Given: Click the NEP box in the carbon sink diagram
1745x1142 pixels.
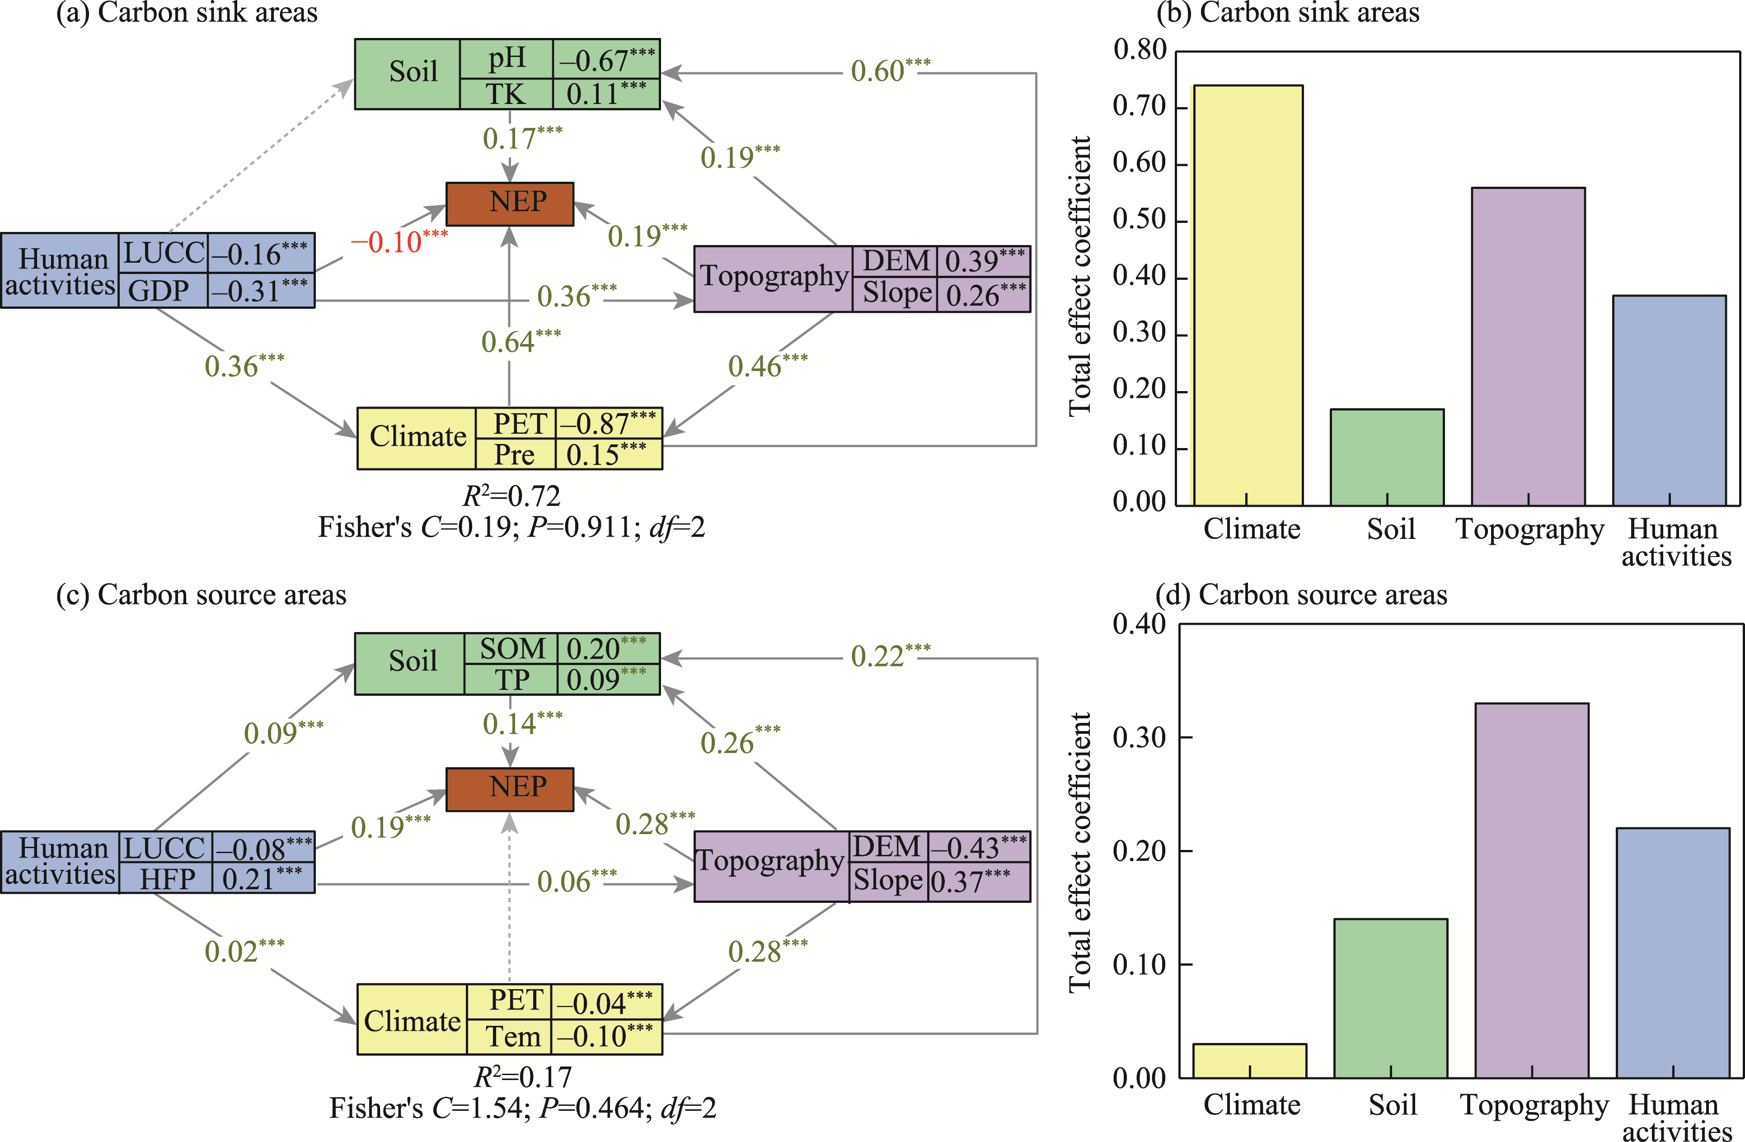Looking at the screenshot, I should tap(510, 203).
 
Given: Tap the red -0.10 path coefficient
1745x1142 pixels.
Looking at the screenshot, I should tap(398, 241).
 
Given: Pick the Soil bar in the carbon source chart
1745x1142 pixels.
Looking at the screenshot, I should tap(1390, 997).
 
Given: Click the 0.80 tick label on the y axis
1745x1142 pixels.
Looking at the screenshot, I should tap(1139, 50).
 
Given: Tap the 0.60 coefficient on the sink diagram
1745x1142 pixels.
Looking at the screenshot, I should tap(889, 71).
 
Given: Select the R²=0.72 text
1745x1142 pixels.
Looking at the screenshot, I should tap(511, 496).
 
